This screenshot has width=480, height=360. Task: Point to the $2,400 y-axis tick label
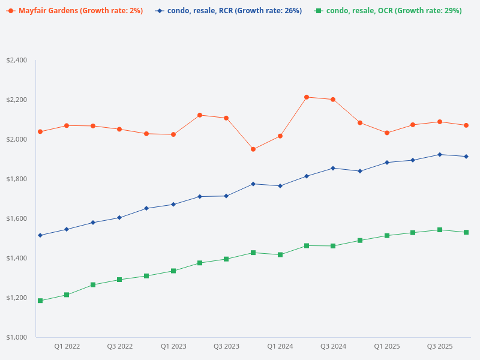[17, 60]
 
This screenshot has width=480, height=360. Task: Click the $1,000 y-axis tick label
[17, 337]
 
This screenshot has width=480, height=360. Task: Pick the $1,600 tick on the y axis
[17, 218]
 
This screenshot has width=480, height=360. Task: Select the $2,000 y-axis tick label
[17, 139]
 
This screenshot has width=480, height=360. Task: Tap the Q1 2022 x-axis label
[67, 346]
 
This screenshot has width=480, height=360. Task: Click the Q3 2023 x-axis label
[226, 346]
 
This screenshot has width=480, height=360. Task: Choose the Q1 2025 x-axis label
[386, 346]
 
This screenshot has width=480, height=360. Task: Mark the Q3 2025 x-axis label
[440, 346]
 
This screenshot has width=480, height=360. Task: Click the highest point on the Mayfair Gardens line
[306, 97]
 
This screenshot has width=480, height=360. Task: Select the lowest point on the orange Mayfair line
[253, 149]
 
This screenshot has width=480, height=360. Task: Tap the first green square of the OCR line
[40, 301]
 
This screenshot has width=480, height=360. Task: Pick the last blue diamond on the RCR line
[466, 157]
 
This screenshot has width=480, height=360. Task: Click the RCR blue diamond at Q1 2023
[173, 205]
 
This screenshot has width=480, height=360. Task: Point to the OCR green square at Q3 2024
[333, 245]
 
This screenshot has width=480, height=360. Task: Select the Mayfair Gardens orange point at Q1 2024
[280, 136]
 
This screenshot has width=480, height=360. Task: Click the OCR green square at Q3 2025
[440, 230]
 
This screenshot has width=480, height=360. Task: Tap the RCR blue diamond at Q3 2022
[119, 218]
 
